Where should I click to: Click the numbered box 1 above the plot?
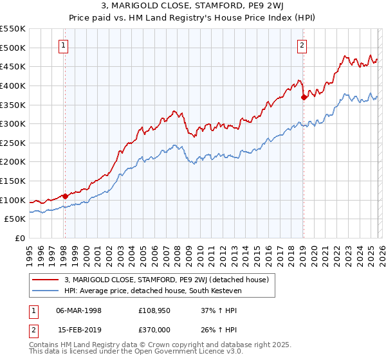(x=64, y=45)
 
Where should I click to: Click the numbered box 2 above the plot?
(x=302, y=45)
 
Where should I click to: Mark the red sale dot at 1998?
(x=65, y=196)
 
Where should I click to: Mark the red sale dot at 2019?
(x=304, y=97)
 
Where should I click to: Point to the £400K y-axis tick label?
(x=13, y=85)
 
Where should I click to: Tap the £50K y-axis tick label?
(x=15, y=219)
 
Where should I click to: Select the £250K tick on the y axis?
(x=13, y=143)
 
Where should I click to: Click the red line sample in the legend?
(x=46, y=279)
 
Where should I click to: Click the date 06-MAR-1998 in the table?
(x=78, y=310)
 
